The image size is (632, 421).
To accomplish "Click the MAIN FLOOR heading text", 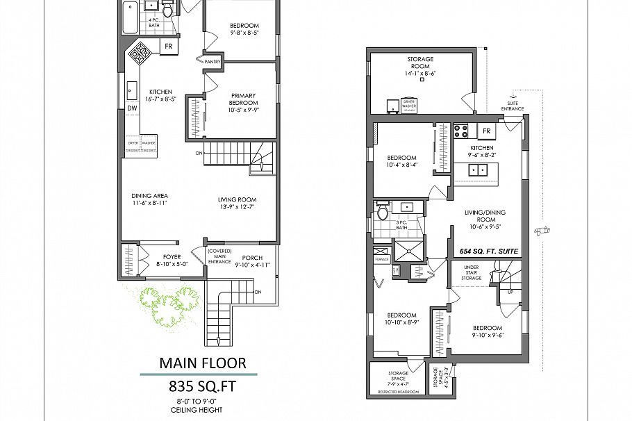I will pyautogui.click(x=202, y=363).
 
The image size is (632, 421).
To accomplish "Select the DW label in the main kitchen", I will pyautogui.click(x=131, y=108).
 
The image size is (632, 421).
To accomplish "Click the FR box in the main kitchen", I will pyautogui.click(x=169, y=47).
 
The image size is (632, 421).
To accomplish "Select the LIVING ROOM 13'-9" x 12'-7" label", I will pyautogui.click(x=238, y=201).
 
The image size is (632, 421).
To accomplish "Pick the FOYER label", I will pyautogui.click(x=171, y=260).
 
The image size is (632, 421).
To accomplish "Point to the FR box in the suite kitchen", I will pyautogui.click(x=487, y=131).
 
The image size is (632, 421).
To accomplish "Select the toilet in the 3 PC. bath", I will pyautogui.click(x=381, y=213).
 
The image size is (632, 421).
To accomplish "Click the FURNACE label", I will pyautogui.click(x=381, y=258).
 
